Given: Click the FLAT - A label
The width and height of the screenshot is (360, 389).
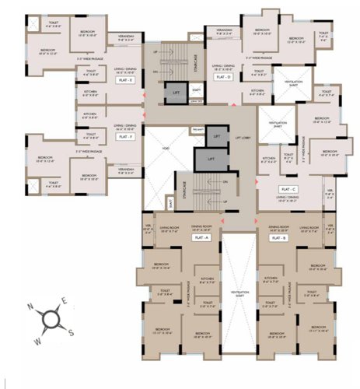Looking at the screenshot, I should (204, 238).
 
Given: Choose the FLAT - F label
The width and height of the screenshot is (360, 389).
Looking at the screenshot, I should (124, 135).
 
